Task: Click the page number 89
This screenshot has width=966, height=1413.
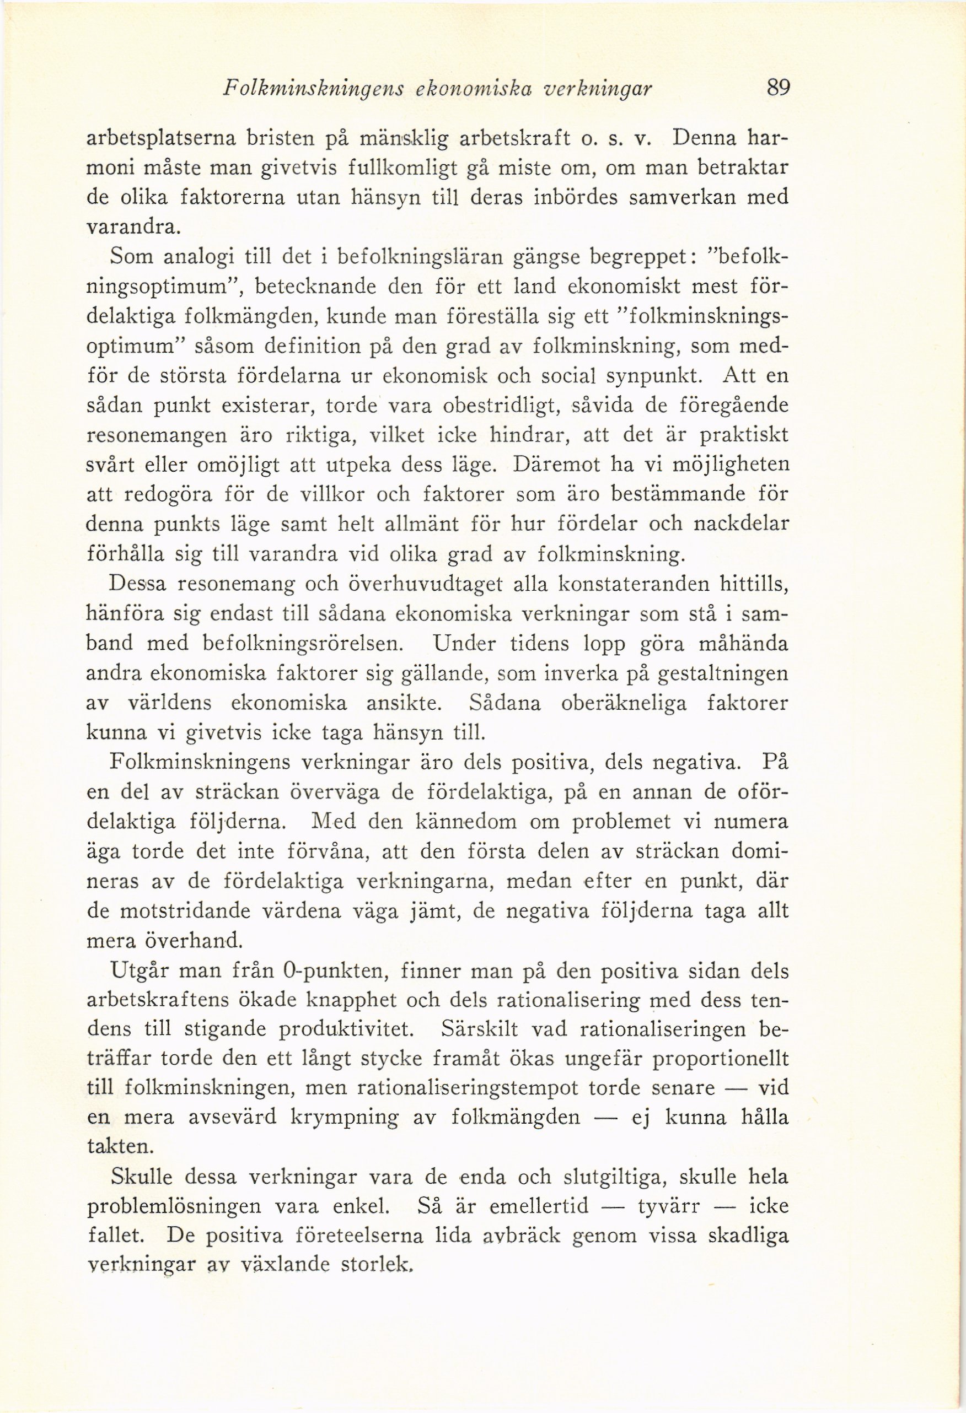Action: [x=777, y=89]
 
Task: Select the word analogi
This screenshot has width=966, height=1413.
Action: [x=199, y=257]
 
